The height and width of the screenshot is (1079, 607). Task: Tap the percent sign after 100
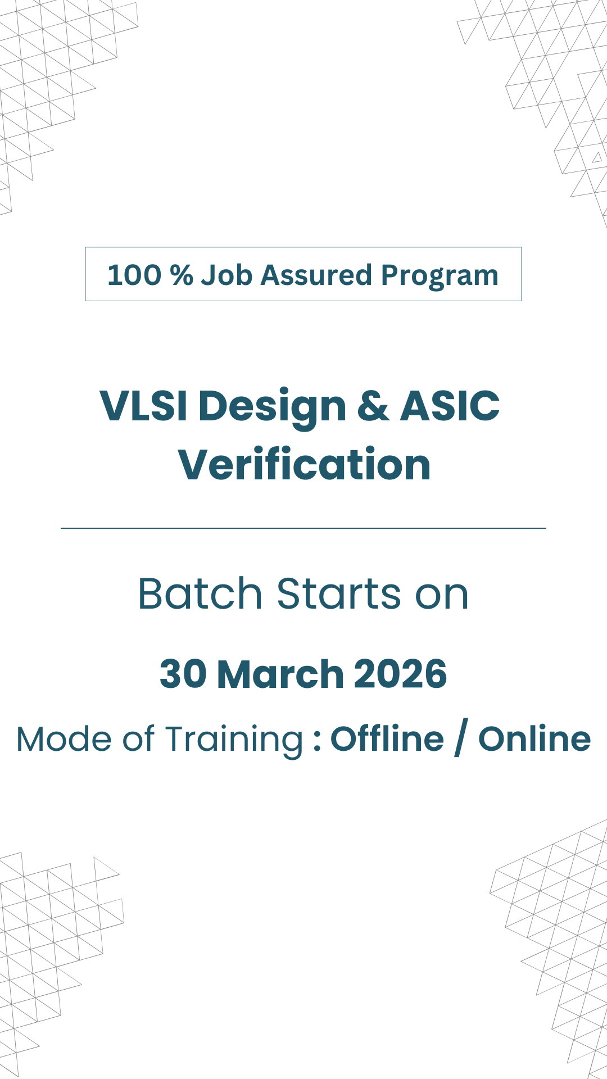pyautogui.click(x=182, y=275)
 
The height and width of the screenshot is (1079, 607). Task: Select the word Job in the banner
pyautogui.click(x=227, y=275)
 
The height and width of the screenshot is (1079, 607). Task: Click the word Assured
pyautogui.click(x=316, y=275)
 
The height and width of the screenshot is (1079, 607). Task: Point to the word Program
pyautogui.click(x=440, y=277)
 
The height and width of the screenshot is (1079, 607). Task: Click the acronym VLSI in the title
pyautogui.click(x=143, y=406)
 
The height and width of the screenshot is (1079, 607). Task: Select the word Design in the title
pyautogui.click(x=273, y=409)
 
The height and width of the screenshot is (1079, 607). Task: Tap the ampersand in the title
pyautogui.click(x=373, y=406)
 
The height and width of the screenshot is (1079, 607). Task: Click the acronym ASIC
pyautogui.click(x=450, y=406)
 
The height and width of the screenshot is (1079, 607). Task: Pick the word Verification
pyautogui.click(x=304, y=464)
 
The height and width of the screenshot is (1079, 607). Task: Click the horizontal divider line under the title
pyautogui.click(x=303, y=528)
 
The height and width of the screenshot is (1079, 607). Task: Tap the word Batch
pyautogui.click(x=200, y=593)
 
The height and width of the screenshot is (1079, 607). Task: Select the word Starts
pyautogui.click(x=339, y=593)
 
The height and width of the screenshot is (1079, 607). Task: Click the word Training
pyautogui.click(x=234, y=741)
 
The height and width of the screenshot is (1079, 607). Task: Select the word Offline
pyautogui.click(x=387, y=738)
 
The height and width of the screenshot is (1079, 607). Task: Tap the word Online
pyautogui.click(x=534, y=738)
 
